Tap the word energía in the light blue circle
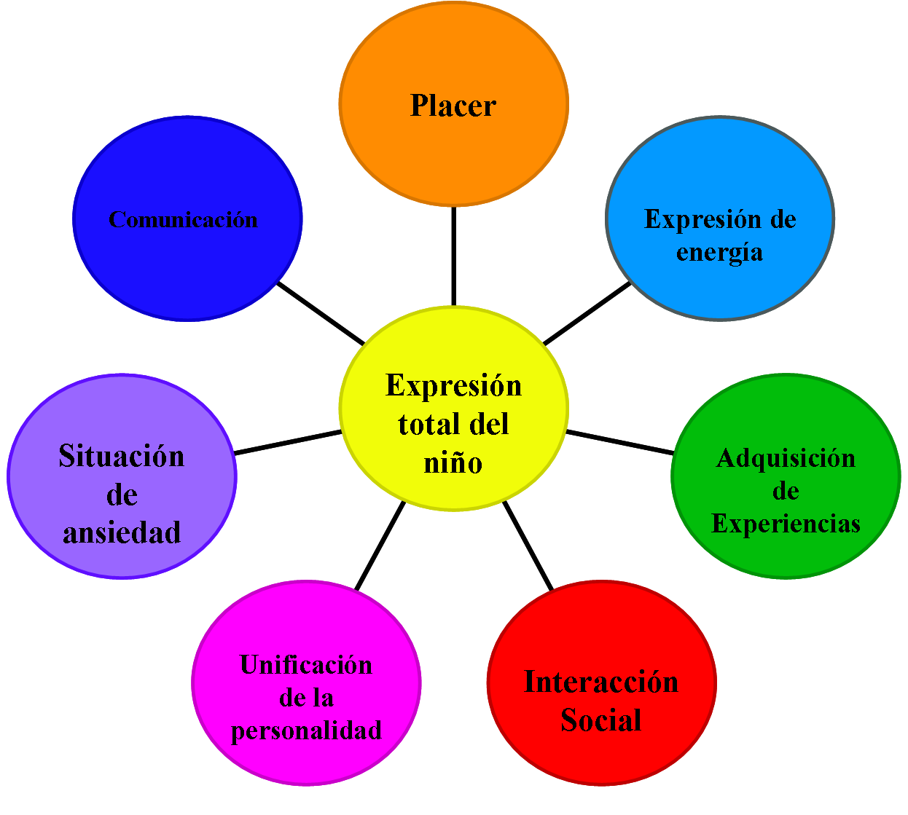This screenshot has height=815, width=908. pos(719,252)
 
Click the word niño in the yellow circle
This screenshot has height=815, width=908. pos(453,463)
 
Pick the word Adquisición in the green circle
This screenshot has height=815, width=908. pos(786,458)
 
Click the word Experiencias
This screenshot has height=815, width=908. pos(786,523)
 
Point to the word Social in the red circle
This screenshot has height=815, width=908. pos(601,720)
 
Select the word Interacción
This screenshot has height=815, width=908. pos(601,682)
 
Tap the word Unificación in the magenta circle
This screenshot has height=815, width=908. pos(306,665)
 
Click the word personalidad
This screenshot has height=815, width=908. pos(306,730)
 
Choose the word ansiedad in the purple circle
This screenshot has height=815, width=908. pos(122,532)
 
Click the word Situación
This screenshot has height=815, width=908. pos(122,456)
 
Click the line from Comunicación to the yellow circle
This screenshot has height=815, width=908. pos(321,314)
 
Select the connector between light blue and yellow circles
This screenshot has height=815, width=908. pos(587,314)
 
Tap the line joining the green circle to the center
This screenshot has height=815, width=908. pos(619,442)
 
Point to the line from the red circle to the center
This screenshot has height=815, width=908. pos(528,545)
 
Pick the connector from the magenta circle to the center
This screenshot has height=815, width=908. pos(380,545)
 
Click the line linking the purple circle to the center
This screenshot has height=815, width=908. pos(288,442)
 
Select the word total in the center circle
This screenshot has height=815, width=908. pos(427,424)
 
